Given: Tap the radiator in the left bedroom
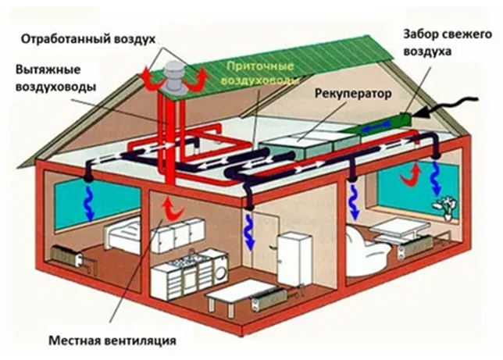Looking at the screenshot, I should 66,255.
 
